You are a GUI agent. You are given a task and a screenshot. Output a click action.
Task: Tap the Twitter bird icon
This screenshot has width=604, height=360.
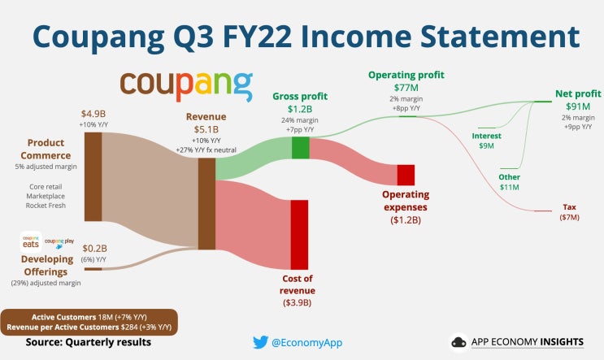260,342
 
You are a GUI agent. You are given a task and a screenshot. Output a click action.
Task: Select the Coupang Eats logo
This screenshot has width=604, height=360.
31,242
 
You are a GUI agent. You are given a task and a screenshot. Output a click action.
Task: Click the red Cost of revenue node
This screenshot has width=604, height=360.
299,235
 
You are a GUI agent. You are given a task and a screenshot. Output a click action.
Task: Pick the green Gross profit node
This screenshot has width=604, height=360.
301,148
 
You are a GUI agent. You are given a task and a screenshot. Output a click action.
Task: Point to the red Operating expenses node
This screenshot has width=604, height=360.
406,176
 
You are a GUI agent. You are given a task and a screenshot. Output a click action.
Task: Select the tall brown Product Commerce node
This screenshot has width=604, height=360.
93,176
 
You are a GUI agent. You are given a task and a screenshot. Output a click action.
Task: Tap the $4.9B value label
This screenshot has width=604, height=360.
93,114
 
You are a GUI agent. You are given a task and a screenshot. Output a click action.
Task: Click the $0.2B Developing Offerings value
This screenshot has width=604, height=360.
95,249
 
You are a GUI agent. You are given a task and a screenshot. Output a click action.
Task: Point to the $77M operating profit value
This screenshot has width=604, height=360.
406,88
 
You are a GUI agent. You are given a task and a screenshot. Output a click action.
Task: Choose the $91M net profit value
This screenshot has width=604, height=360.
578,106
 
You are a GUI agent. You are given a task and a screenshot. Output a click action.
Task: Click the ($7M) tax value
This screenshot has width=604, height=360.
569,217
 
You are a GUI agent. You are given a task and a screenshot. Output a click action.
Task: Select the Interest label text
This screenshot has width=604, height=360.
486,136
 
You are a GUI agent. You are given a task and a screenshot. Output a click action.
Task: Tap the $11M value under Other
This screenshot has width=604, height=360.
509,187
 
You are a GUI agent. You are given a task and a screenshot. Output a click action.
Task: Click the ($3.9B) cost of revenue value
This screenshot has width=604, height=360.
297,302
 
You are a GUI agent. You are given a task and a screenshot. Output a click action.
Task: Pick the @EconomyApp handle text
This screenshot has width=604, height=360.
306,343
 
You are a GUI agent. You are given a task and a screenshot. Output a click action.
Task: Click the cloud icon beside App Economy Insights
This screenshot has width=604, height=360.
458,342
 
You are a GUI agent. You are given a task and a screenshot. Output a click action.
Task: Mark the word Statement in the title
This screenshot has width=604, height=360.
500,37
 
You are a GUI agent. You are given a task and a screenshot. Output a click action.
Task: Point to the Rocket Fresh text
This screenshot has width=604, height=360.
46,206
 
